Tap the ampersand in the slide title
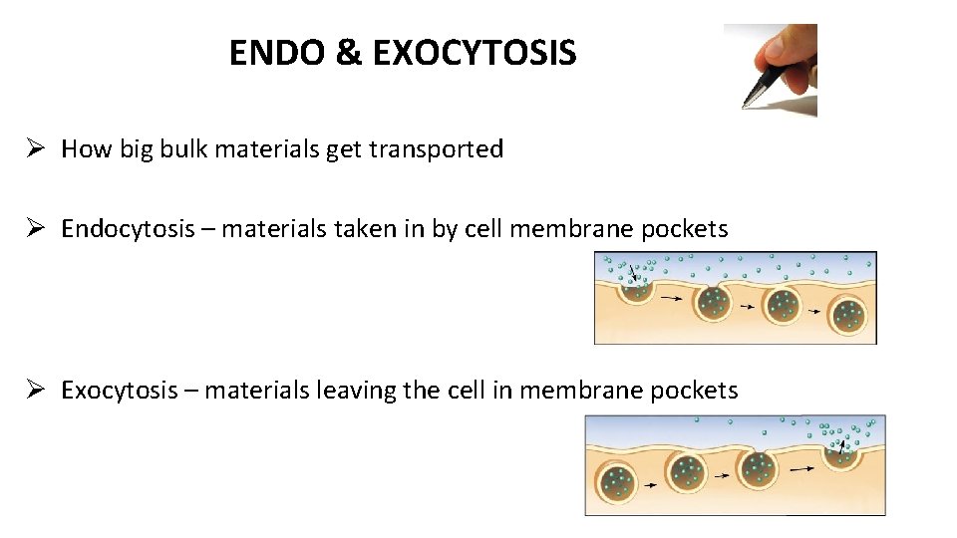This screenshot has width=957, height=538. [349, 53]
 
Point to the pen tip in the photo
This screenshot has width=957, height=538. [747, 104]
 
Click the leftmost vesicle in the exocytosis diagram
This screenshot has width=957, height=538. [618, 481]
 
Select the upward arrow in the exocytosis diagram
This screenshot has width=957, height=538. [841, 451]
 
